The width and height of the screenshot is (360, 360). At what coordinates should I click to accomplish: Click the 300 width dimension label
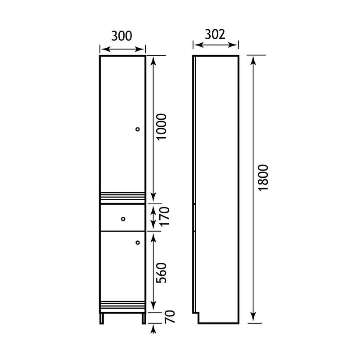121,36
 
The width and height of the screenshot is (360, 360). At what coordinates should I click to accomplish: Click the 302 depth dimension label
215,35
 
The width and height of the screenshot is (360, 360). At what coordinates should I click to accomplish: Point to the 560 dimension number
161,273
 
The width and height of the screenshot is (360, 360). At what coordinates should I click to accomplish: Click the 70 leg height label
171,317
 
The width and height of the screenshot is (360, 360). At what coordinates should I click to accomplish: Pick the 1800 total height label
263,178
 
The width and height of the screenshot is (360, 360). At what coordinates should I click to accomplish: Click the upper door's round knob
138,129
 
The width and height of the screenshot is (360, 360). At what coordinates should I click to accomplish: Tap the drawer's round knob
123,219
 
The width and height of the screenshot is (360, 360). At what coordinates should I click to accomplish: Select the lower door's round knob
138,243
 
